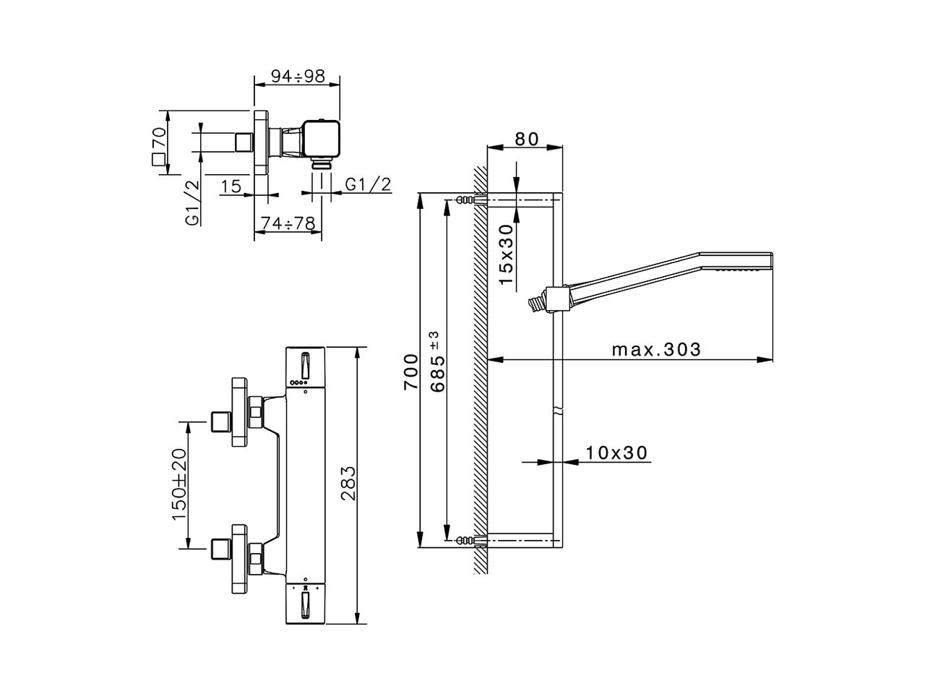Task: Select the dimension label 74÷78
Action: coord(288,224)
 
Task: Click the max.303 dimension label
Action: coord(656,350)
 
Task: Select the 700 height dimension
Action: coord(410,372)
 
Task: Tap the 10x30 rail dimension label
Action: coord(616,453)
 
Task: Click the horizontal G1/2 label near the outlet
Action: coord(368,185)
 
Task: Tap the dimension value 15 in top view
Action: coord(231,187)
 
